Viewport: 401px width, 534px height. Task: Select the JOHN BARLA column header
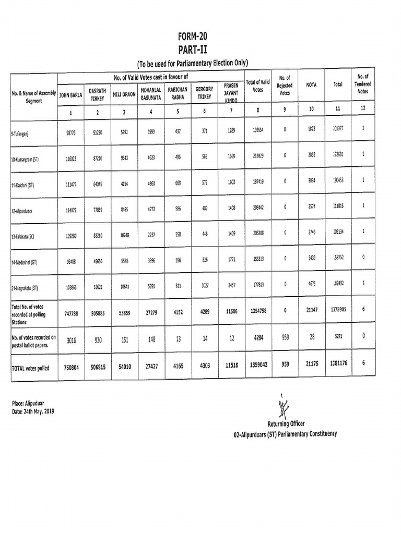tap(70, 95)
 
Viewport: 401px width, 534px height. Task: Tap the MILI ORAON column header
tap(124, 95)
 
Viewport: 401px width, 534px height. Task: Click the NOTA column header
tap(312, 84)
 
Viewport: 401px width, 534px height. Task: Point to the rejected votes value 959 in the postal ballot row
tap(285, 337)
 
